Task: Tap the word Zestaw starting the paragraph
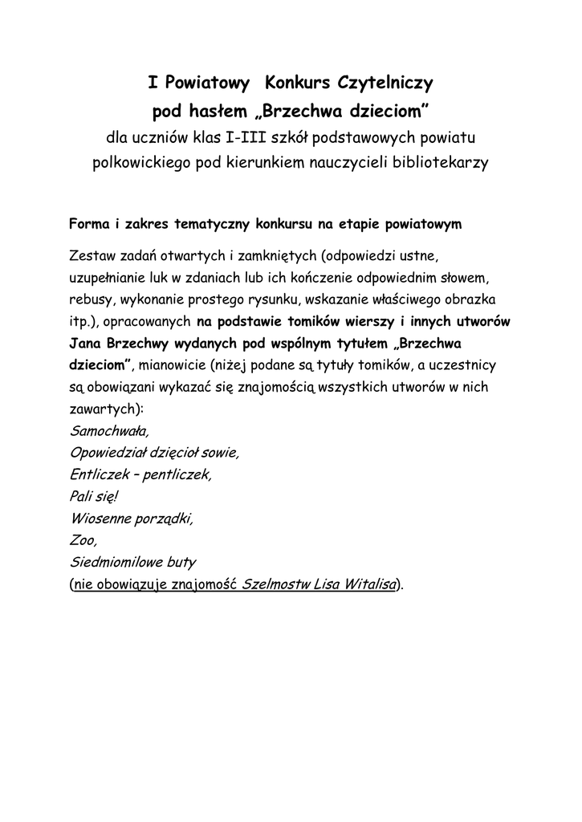92,256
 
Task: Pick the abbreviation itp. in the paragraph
81,322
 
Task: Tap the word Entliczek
99,474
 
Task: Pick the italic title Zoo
83,539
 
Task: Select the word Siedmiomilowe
119,561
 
